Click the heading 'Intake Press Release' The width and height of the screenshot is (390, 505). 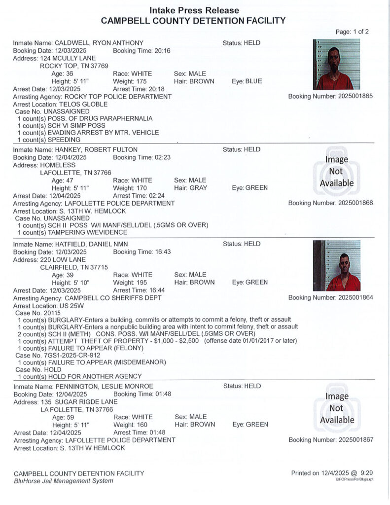194,10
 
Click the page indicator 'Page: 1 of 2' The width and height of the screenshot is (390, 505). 352,32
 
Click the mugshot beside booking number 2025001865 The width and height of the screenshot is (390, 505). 336,64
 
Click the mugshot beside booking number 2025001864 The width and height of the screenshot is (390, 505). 336,265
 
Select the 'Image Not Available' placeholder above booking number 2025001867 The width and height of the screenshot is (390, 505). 337,408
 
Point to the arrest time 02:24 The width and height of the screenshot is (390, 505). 156,196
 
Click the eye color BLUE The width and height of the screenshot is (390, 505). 254,81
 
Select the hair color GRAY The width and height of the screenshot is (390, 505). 198,188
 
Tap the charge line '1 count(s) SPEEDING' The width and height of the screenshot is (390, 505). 49,140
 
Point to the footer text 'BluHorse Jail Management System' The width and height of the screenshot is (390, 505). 63,481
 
